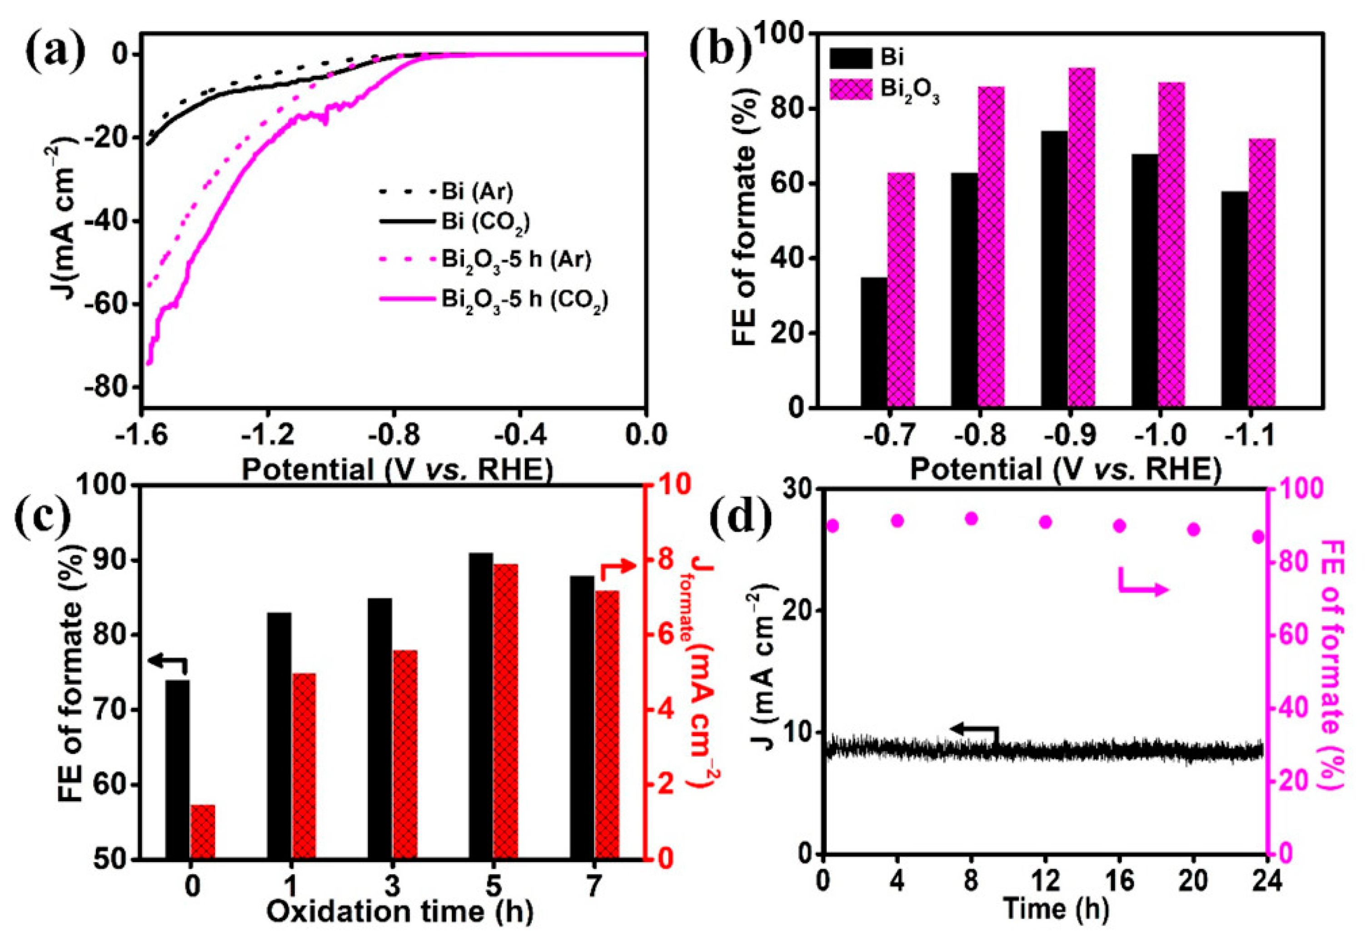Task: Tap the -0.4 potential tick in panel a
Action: pyautogui.click(x=520, y=435)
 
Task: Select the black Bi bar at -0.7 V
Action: pyautogui.click(x=873, y=342)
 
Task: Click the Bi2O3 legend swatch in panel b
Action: pyautogui.click(x=851, y=90)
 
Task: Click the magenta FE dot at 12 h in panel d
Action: pyautogui.click(x=1045, y=522)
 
